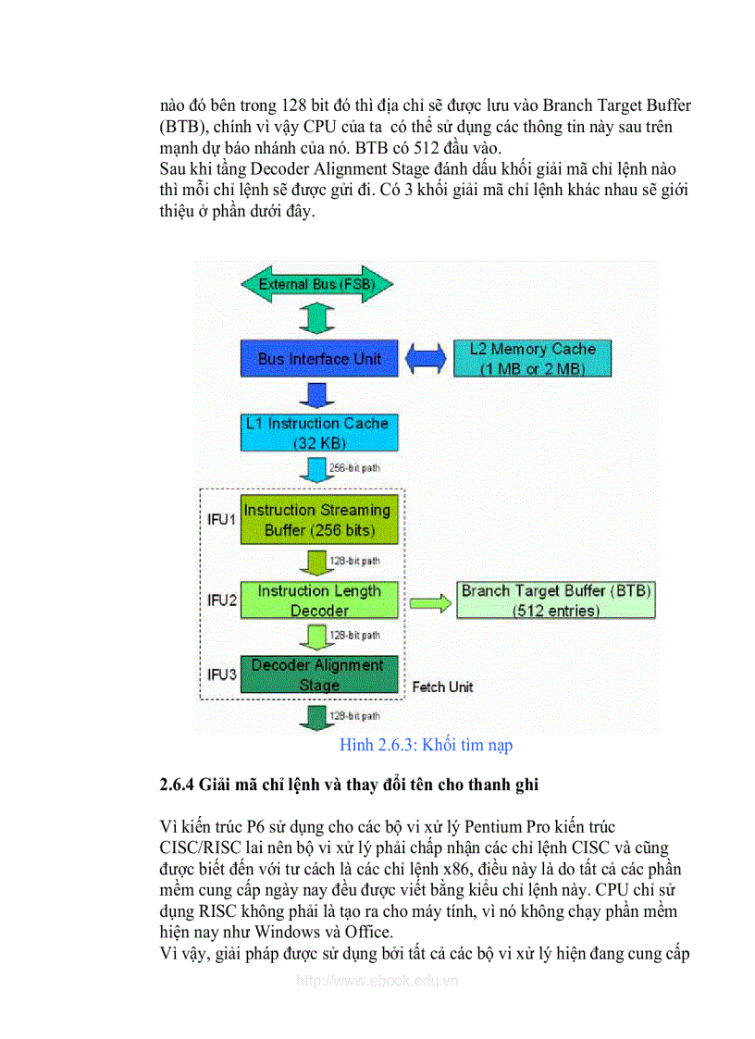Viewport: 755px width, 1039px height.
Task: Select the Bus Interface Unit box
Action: point(318,359)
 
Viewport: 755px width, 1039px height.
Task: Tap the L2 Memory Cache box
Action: point(532,359)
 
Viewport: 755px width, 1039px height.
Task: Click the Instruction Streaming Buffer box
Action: point(318,520)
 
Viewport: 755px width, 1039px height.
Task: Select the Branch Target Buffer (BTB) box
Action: point(556,600)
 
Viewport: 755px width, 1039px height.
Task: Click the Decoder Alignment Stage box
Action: point(318,675)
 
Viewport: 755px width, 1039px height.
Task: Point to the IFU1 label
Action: point(221,519)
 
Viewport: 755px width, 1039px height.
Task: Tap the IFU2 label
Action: point(221,600)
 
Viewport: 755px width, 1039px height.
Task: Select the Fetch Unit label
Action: point(442,686)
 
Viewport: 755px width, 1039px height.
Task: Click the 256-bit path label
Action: point(354,468)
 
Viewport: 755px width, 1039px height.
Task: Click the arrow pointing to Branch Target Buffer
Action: point(427,602)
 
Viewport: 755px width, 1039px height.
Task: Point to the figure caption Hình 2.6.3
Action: point(426,745)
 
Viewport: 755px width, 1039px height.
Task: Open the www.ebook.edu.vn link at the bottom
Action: point(377,981)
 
